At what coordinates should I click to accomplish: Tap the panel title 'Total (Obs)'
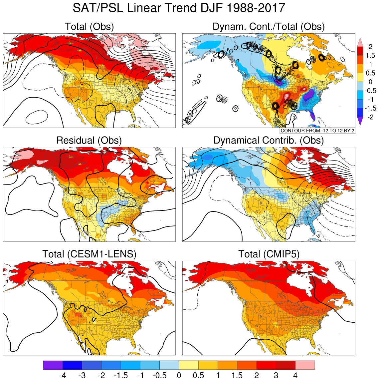(x=89, y=27)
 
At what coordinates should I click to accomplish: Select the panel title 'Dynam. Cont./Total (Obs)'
(x=269, y=27)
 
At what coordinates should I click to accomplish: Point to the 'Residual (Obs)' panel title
(x=89, y=141)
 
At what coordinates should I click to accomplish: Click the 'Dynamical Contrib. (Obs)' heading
(x=269, y=141)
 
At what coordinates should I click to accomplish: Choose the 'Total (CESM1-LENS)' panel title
(x=89, y=254)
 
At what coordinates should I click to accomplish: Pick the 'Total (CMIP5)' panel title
(x=269, y=254)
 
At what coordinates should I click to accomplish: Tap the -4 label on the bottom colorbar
(x=62, y=376)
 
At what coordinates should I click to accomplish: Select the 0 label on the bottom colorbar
(x=179, y=376)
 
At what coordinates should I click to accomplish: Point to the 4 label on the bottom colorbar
(x=295, y=376)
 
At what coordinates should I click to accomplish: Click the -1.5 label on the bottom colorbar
(x=120, y=376)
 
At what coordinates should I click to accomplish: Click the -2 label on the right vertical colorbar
(x=370, y=117)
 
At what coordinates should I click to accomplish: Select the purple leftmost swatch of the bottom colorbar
(x=53, y=365)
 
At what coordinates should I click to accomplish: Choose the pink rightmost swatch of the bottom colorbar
(x=305, y=365)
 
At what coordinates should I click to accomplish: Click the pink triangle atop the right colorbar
(x=360, y=42)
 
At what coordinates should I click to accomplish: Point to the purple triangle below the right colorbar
(x=360, y=121)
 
